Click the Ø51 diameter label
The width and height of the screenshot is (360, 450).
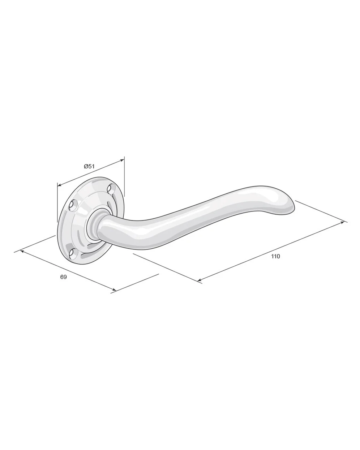(89, 167)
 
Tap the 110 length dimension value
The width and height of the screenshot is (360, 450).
(275, 256)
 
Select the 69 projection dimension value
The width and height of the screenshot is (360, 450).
(63, 277)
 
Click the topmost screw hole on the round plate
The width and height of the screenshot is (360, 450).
(111, 189)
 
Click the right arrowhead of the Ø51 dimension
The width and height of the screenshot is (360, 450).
(121, 160)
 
